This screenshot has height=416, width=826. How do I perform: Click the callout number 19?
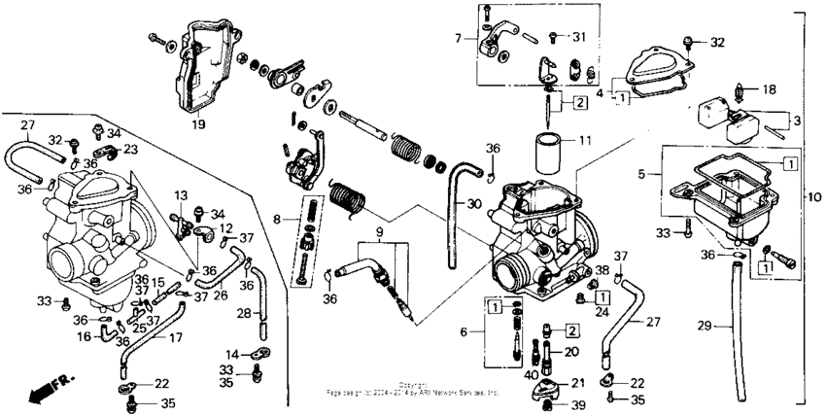pos(197,125)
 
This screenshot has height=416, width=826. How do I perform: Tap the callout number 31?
pos(579,37)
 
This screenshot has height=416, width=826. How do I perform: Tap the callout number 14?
pos(232,353)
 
